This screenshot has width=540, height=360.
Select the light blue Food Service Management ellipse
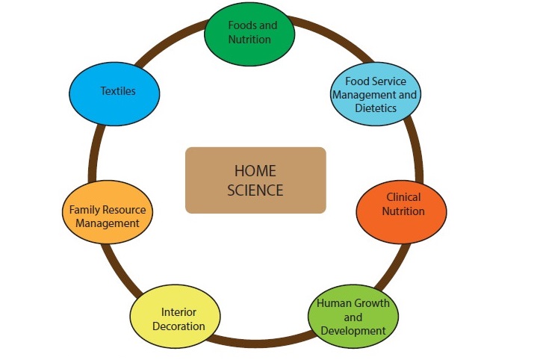point(375,95)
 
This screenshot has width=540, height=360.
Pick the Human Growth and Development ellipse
point(353,317)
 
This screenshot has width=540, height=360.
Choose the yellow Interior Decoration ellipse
point(178,319)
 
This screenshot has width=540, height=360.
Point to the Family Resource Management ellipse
point(108,217)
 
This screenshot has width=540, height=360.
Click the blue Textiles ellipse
point(117,91)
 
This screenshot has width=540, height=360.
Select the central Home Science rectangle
point(255,181)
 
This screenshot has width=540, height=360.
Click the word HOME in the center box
point(255,172)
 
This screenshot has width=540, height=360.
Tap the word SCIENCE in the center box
point(255,190)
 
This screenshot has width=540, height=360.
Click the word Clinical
point(403,197)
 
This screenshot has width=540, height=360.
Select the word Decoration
point(179,326)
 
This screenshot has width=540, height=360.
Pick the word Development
point(354,330)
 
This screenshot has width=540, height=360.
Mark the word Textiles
point(118,91)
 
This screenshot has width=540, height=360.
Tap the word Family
point(85,210)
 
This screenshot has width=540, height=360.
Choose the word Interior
point(179,312)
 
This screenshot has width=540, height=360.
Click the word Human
point(333,304)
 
